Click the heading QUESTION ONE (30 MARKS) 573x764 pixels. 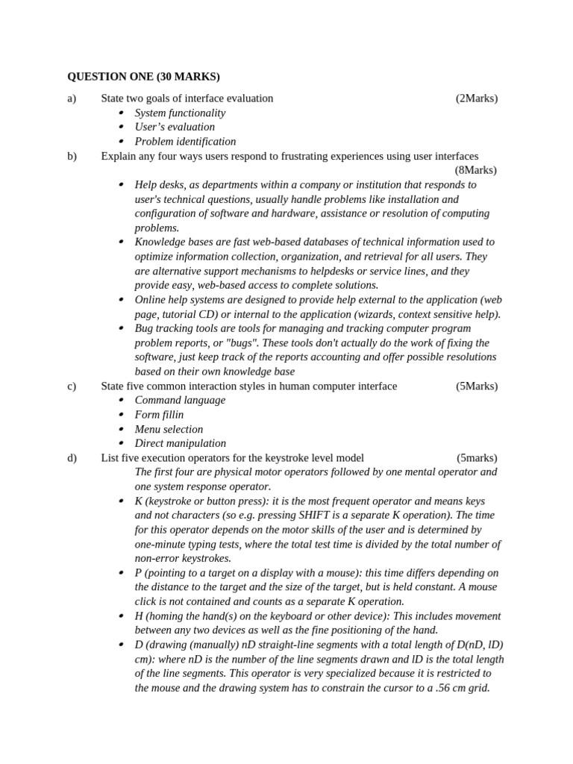(x=143, y=77)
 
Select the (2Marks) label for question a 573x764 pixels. (x=476, y=98)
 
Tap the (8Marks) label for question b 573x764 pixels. (x=475, y=170)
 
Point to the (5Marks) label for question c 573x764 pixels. (x=476, y=386)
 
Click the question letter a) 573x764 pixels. (x=72, y=98)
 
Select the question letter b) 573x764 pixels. (x=72, y=156)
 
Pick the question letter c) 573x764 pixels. (x=72, y=386)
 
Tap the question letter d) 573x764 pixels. (x=72, y=457)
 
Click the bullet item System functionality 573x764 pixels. (x=180, y=113)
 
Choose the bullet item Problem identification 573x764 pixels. (x=185, y=142)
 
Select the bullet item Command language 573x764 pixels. (x=180, y=400)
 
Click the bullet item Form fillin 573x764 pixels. (x=159, y=415)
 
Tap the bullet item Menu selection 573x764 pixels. (x=169, y=429)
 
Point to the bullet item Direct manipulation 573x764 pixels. (x=180, y=443)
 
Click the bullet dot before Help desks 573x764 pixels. (x=122, y=185)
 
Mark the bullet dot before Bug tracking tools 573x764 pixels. (x=122, y=328)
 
